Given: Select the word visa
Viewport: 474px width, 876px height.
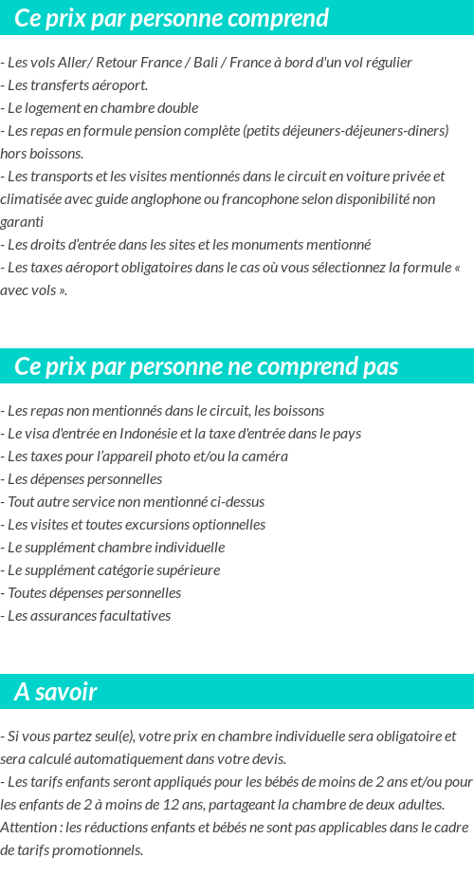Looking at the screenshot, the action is click(x=40, y=434).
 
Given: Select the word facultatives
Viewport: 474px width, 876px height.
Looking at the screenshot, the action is click(x=126, y=616).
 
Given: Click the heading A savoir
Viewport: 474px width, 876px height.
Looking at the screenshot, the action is click(x=55, y=692).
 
